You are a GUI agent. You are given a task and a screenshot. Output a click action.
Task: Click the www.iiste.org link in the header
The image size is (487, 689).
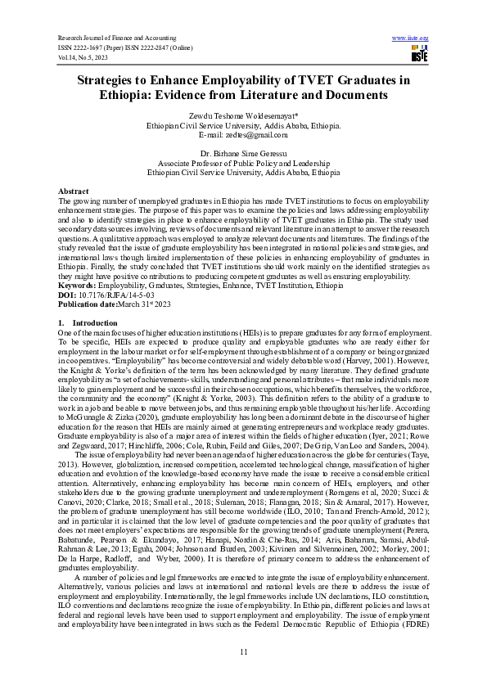coord(411,38)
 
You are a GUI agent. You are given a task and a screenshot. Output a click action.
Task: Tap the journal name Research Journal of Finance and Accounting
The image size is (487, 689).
coord(118,38)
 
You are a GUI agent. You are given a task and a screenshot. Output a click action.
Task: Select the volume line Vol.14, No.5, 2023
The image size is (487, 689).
coord(83,58)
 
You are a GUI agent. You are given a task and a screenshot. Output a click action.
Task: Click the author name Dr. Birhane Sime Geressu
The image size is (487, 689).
coord(243,153)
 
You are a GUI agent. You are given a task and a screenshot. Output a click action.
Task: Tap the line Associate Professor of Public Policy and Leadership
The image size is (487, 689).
coord(243,162)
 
